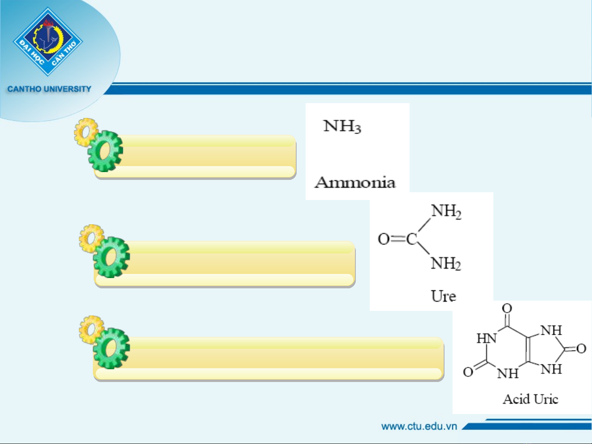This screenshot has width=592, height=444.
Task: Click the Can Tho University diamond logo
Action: (x=48, y=41)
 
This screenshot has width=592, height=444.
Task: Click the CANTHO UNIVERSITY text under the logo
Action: (x=49, y=89)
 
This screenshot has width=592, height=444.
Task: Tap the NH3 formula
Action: (x=342, y=126)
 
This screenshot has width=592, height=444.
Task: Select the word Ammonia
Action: (x=355, y=182)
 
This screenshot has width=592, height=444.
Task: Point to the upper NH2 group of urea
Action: (x=446, y=212)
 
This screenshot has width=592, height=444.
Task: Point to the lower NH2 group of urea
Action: (x=446, y=264)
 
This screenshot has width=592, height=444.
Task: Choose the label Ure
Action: (x=443, y=296)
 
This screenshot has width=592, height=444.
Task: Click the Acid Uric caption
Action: (x=530, y=399)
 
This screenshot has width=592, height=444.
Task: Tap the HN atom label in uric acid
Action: (x=487, y=338)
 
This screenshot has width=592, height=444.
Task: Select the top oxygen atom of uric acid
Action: (x=507, y=308)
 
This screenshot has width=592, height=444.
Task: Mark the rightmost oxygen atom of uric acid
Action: (x=581, y=349)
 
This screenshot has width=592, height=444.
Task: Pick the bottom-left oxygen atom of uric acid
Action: (x=468, y=372)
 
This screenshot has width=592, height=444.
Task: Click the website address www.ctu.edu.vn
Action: (x=419, y=426)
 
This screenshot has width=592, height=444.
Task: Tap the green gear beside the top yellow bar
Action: (x=106, y=151)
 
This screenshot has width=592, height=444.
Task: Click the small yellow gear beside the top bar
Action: (x=85, y=132)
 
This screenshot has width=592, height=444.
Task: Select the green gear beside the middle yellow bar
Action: (x=111, y=257)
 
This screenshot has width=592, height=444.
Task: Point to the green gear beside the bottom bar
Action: (x=111, y=348)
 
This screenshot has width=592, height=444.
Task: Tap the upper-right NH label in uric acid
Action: (x=551, y=330)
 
